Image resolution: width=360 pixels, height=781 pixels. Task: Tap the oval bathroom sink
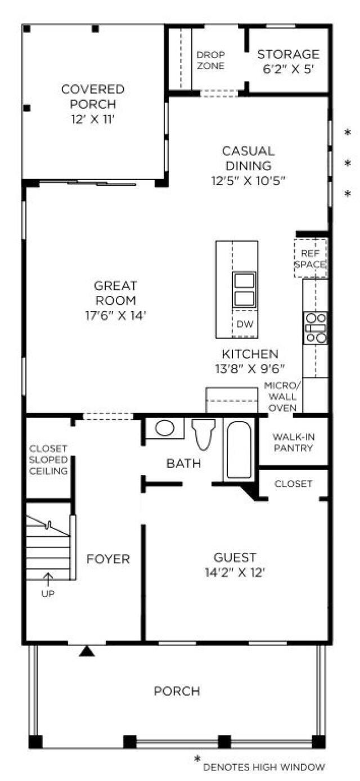(164, 428)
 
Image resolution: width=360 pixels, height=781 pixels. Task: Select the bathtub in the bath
(239, 450)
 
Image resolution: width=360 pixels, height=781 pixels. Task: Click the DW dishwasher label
(244, 324)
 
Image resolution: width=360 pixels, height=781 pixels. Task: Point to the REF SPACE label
(310, 258)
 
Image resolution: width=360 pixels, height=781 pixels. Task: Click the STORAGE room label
(288, 55)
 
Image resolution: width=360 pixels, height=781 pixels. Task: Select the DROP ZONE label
(210, 60)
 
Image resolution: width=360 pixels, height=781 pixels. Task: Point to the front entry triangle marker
(86, 651)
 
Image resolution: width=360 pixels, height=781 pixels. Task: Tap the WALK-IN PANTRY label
(292, 442)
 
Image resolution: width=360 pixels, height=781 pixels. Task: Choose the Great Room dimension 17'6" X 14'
(116, 316)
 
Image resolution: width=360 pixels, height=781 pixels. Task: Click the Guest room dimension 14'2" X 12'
(235, 573)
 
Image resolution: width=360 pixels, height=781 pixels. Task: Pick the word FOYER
(108, 559)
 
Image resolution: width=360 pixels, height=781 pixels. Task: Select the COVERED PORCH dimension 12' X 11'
(93, 119)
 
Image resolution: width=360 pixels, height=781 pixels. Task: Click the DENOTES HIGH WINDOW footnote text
(263, 766)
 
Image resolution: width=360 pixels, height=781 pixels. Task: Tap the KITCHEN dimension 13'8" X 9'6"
(249, 369)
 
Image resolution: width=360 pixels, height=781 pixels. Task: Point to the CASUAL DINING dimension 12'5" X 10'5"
(248, 181)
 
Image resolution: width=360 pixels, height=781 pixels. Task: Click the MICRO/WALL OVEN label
(283, 396)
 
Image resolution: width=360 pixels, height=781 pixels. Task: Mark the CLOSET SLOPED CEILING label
(48, 459)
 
